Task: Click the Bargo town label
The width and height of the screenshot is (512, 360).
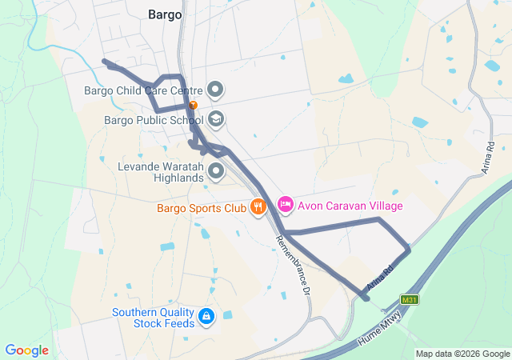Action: pos(165,14)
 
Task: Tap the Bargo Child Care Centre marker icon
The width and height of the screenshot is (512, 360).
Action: pos(216,90)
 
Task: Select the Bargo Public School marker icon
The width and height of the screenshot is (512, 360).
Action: pos(216,120)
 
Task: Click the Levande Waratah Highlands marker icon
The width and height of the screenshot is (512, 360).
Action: pos(216,170)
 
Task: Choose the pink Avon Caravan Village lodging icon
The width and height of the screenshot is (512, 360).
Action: pos(286,206)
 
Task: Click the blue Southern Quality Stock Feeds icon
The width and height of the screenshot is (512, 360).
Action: pos(207,318)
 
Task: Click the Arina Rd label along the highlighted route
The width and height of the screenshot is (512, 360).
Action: pos(381,277)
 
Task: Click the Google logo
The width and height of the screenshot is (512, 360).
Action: pos(26,350)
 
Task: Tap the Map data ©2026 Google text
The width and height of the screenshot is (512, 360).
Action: pos(462,354)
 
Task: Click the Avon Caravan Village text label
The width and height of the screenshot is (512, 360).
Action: pos(350,206)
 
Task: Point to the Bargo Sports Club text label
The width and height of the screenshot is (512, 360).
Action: pos(201,208)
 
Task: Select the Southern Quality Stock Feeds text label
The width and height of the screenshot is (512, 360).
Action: pos(153,318)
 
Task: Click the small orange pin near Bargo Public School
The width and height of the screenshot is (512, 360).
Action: pos(193,105)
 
